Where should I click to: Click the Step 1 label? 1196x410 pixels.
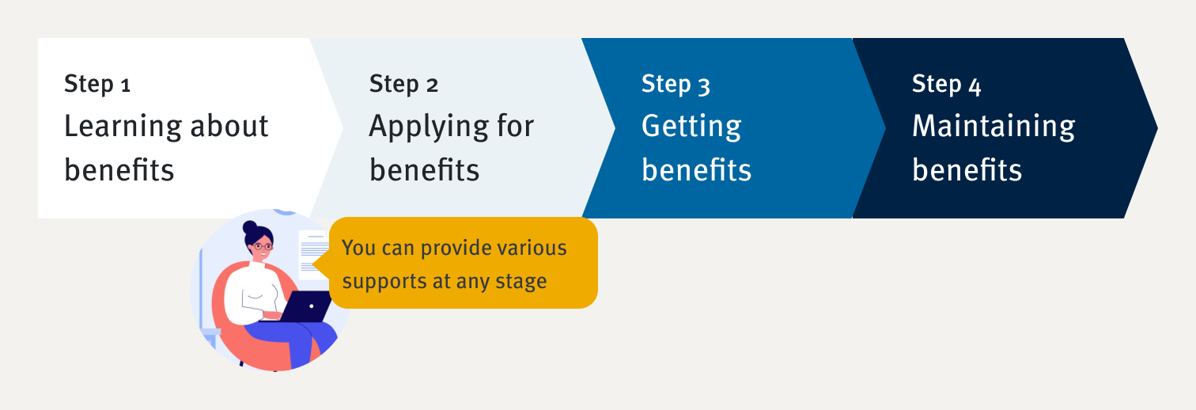97,84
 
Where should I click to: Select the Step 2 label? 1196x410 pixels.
403,84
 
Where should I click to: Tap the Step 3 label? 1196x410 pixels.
676,84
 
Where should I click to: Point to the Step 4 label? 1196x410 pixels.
947,84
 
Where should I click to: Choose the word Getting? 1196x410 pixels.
691,127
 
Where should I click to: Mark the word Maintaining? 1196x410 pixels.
994,127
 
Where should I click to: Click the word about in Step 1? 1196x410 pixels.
229,127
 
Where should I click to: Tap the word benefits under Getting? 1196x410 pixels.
697,169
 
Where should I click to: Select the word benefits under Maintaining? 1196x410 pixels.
967,169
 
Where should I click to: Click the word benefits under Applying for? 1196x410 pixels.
425,169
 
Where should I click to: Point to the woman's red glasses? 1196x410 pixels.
262,246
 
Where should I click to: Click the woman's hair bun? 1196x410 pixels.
250,228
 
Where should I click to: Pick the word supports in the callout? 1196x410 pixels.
384,282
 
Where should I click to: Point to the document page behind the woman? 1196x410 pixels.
314,254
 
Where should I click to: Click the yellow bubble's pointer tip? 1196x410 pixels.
313,264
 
